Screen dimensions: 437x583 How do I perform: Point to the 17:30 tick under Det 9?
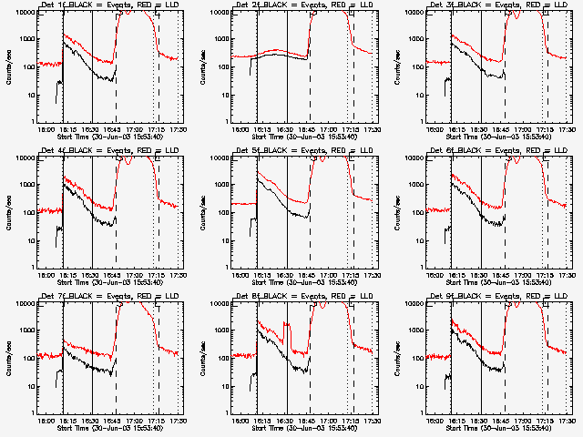[x=568, y=421]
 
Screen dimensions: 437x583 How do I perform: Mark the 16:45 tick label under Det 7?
[x=113, y=421]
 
